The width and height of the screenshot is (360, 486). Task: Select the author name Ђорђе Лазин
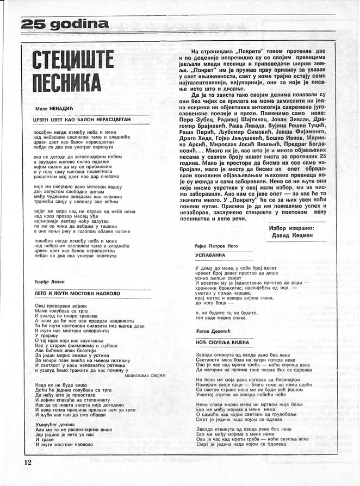pos(48,281)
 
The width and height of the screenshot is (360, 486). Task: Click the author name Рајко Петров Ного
pos(216,246)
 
